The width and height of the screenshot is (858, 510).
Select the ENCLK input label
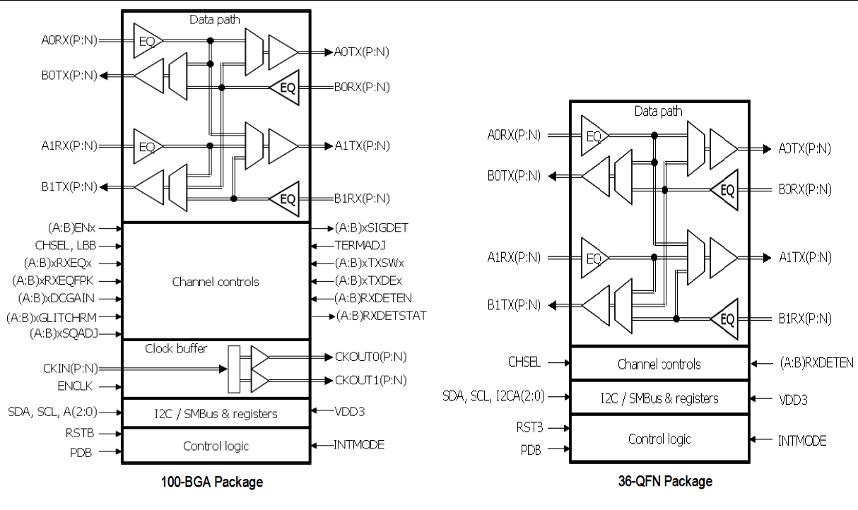78,386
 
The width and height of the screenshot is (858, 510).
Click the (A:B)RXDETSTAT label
382,315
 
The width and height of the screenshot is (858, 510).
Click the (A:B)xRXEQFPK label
58,281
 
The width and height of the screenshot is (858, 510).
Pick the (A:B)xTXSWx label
370,263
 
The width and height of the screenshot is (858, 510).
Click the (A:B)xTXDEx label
369,280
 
